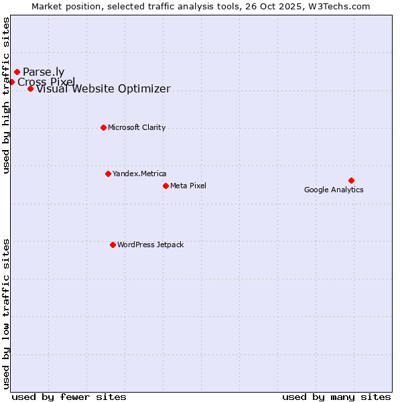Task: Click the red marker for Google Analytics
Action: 351,180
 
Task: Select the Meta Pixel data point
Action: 165,186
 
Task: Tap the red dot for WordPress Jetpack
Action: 113,245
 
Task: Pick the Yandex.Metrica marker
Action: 108,174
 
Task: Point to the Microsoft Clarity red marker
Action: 103,127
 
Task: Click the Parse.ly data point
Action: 17,72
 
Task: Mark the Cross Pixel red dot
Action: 11,82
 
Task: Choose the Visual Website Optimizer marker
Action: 30,88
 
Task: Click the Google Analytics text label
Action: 334,190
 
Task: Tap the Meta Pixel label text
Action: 188,186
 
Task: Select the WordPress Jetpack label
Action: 150,245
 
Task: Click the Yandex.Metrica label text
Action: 139,174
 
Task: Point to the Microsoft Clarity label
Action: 137,127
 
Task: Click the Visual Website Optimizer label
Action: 103,89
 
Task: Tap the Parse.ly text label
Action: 44,72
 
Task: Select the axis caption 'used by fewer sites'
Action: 69,397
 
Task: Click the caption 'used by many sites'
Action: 336,397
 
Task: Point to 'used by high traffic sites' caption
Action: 7,95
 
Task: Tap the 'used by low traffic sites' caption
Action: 7,313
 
